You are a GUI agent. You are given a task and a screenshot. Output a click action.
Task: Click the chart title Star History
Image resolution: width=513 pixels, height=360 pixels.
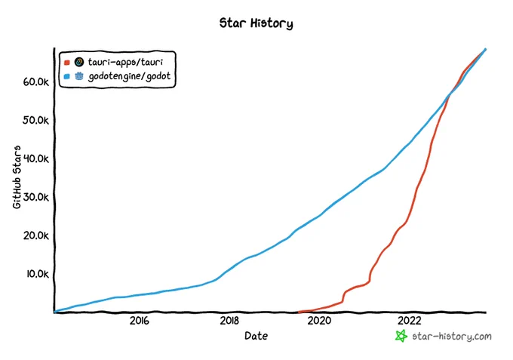(x=256, y=23)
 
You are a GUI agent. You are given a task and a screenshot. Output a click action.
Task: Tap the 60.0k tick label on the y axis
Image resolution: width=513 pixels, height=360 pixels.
(x=36, y=82)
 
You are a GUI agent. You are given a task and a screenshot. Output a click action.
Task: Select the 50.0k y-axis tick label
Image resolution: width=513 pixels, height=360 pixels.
(x=35, y=121)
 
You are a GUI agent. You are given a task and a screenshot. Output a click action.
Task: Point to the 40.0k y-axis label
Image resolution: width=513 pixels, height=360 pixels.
(x=36, y=158)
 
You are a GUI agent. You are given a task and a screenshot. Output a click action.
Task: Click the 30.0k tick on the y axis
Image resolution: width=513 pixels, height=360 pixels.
(x=36, y=197)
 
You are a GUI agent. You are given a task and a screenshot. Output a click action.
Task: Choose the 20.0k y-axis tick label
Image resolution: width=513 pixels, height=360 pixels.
(x=36, y=235)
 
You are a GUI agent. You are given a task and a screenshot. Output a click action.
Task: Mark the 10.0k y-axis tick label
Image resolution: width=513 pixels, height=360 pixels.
(x=38, y=274)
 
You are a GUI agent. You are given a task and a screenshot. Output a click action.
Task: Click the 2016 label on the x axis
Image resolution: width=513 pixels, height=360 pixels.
(x=140, y=321)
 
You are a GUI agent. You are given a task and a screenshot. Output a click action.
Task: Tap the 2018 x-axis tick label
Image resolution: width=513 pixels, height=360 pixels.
(x=229, y=321)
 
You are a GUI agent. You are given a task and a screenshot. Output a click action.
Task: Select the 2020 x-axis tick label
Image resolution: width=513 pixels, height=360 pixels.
(x=319, y=321)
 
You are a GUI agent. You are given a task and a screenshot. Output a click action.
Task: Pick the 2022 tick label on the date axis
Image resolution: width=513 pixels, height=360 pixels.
(x=410, y=321)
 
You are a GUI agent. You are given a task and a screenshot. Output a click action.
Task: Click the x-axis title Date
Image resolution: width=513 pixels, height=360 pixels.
(x=256, y=336)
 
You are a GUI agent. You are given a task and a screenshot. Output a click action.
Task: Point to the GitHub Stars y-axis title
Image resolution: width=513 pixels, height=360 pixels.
(x=17, y=177)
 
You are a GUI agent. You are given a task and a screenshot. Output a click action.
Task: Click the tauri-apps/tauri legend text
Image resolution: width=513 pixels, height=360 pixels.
(x=126, y=62)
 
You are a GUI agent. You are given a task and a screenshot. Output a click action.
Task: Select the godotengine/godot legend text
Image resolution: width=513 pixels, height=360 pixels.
(x=130, y=76)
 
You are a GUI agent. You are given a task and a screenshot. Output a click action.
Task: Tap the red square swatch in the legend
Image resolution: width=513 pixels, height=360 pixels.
(x=67, y=63)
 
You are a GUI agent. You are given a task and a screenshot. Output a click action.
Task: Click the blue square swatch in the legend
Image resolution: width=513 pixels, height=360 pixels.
(x=67, y=76)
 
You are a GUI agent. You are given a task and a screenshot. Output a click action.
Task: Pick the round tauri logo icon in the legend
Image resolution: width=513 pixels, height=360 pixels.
(x=79, y=62)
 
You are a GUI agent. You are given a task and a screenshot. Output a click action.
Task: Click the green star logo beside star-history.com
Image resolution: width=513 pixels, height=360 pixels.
(x=401, y=336)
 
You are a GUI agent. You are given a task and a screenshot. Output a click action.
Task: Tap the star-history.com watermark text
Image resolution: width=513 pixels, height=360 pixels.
(x=452, y=337)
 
